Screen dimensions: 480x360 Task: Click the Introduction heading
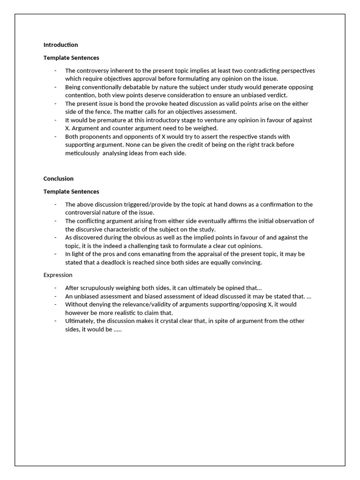click(60, 45)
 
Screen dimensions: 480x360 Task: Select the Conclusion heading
click(59, 179)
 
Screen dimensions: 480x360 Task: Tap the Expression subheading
click(58, 275)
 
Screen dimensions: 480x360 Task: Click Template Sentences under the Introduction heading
click(71, 58)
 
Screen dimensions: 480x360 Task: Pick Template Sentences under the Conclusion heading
click(71, 191)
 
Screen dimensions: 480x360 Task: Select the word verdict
click(275, 95)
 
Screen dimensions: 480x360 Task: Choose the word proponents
click(94, 136)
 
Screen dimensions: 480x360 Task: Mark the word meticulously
click(82, 153)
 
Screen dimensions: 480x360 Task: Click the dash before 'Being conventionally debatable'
click(55, 87)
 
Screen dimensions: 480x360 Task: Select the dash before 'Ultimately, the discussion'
click(55, 321)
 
